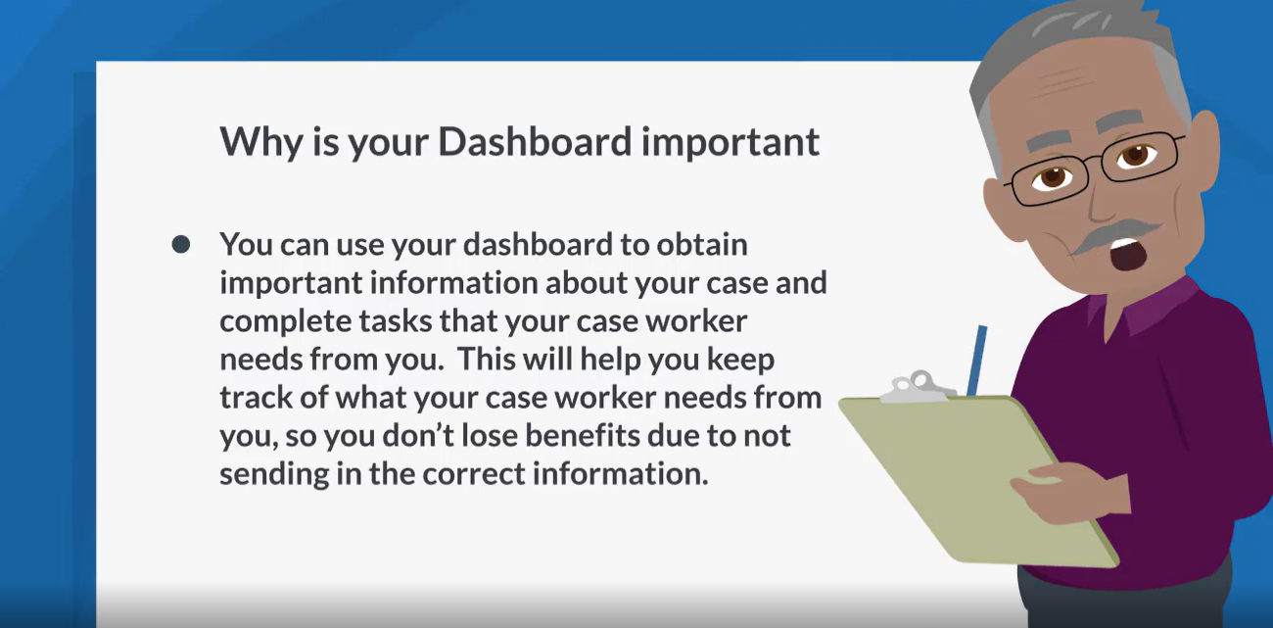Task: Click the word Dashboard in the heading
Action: [535, 141]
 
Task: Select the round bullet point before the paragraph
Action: [181, 245]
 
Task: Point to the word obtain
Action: [702, 244]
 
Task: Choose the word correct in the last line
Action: [473, 474]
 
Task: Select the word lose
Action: [489, 435]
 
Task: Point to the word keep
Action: [740, 359]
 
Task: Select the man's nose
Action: [1103, 199]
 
